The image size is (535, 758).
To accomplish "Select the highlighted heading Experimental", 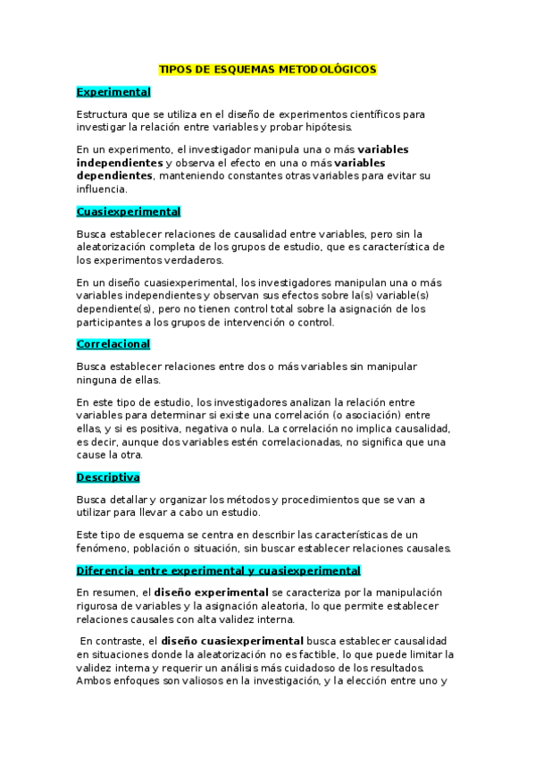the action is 113,92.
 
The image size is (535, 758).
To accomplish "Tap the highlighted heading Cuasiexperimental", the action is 129,212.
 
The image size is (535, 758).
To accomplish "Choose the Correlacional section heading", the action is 113,344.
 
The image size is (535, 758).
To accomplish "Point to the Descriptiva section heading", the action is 108,477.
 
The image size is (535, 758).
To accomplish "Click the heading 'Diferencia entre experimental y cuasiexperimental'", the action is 218,570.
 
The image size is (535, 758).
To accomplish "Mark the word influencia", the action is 102,189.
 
